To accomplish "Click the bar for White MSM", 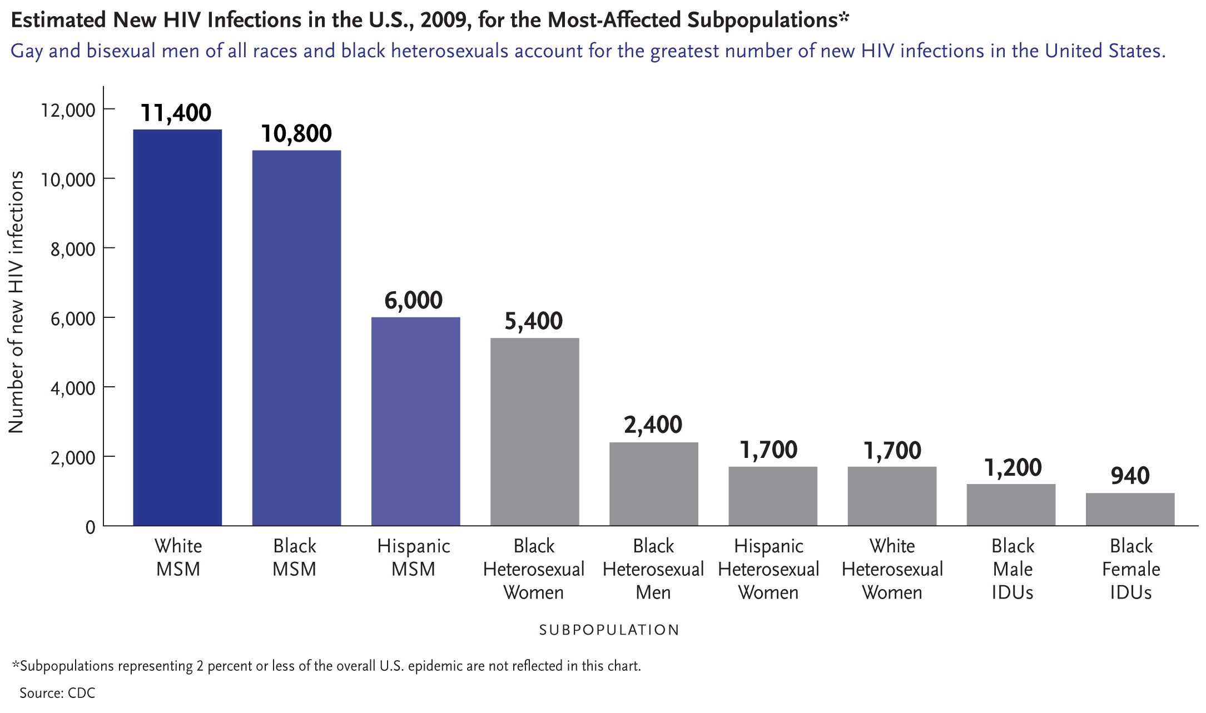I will click(x=177, y=327).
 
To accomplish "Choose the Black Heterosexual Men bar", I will click(x=653, y=483).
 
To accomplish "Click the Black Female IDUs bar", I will click(x=1130, y=509).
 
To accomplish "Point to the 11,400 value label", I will click(x=176, y=113).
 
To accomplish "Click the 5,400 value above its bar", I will click(x=533, y=321).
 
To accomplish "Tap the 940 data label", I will click(x=1130, y=476).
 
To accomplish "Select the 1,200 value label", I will click(x=1013, y=468).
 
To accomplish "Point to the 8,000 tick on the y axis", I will click(x=73, y=249).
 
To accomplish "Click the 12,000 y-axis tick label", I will click(x=68, y=110).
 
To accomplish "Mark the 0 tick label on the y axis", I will click(x=90, y=527).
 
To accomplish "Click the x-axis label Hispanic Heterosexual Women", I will click(x=768, y=569).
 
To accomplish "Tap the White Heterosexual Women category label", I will click(x=892, y=569).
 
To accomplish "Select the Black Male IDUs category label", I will click(x=1013, y=569).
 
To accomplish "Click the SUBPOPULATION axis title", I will click(x=609, y=630).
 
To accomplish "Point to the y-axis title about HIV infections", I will click(x=16, y=302).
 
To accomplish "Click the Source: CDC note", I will click(x=57, y=693).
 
